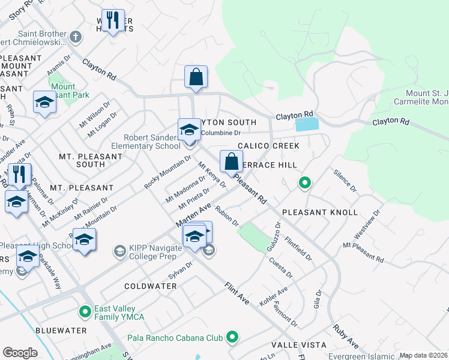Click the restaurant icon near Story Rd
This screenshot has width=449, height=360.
pyautogui.click(x=112, y=21)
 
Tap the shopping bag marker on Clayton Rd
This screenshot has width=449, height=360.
pyautogui.click(x=196, y=77)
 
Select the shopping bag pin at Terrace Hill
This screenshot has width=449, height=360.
pyautogui.click(x=231, y=161)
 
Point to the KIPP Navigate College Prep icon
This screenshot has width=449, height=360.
pyautogui.click(x=120, y=250)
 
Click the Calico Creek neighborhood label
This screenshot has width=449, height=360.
pyautogui.click(x=268, y=146)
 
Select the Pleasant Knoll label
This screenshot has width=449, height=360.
pyautogui.click(x=319, y=212)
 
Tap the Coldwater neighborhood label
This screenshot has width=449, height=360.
pyautogui.click(x=151, y=286)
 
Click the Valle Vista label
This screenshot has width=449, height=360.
pyautogui.click(x=298, y=345)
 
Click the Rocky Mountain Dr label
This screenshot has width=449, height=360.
pyautogui.click(x=167, y=172)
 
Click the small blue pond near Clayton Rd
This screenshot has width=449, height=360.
pyautogui.click(x=307, y=124)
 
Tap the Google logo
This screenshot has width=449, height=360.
pyautogui.click(x=20, y=353)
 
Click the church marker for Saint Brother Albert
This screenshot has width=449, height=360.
pyautogui.click(x=75, y=37)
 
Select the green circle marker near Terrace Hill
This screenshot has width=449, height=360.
pyautogui.click(x=305, y=183)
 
